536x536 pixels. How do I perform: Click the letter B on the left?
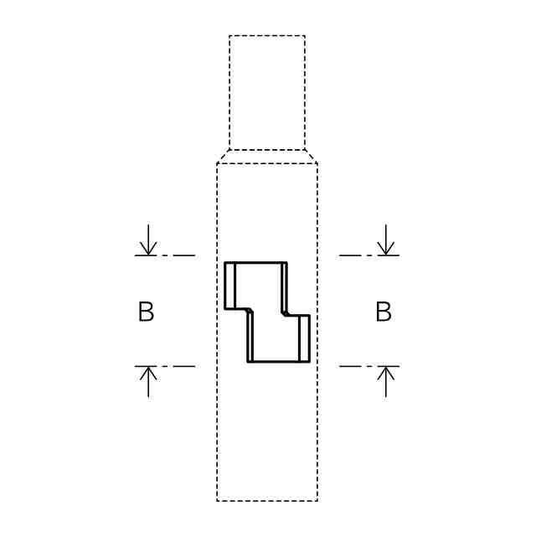pyautogui.click(x=146, y=312)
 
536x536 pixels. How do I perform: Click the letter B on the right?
pyautogui.click(x=384, y=312)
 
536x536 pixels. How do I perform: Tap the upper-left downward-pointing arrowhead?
pyautogui.click(x=148, y=248)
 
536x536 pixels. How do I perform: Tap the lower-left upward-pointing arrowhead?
pyautogui.click(x=148, y=374)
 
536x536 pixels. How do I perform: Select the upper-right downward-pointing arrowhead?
pyautogui.click(x=386, y=248)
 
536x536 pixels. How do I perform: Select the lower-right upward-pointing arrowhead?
pyautogui.click(x=386, y=374)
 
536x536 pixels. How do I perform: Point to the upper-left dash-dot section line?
pyautogui.click(x=165, y=255)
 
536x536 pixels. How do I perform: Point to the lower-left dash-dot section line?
pyautogui.click(x=165, y=366)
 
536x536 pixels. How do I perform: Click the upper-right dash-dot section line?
pyautogui.click(x=369, y=255)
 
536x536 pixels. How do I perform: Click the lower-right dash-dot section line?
pyautogui.click(x=369, y=366)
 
